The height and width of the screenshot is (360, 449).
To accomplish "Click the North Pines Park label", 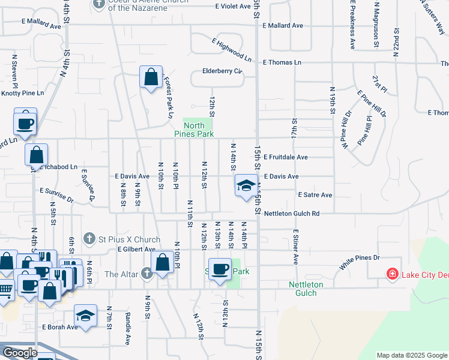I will pyautogui.click(x=194, y=130).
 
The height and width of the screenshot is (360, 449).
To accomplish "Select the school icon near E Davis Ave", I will pyautogui.click(x=245, y=186).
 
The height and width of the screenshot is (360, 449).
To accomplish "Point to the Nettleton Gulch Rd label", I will pyautogui.click(x=292, y=213).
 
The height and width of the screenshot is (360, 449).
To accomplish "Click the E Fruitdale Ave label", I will pyautogui.click(x=285, y=157).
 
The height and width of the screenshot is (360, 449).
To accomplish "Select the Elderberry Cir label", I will pyautogui.click(x=222, y=71).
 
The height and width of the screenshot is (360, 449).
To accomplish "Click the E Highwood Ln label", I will pyautogui.click(x=231, y=50).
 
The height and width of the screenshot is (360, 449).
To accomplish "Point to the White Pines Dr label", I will pyautogui.click(x=360, y=259).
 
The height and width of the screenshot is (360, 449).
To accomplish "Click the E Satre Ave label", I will pyautogui.click(x=315, y=195).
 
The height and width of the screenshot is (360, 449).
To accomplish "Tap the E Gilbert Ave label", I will pyautogui.click(x=136, y=249).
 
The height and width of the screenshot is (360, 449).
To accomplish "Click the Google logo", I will pyautogui.click(x=20, y=353).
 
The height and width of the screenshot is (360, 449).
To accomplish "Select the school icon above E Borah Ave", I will pyautogui.click(x=86, y=316).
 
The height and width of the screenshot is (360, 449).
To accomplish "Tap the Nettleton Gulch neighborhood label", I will pyautogui.click(x=306, y=289).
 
